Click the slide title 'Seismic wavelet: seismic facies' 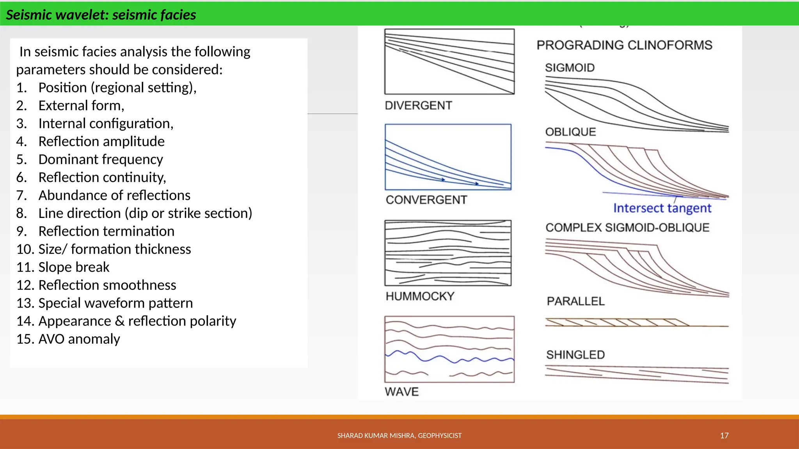pos(101,15)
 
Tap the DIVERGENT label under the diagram pos(418,105)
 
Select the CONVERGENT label pos(426,200)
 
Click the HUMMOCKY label pos(420,296)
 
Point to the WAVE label pos(401,392)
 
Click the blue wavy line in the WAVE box pos(449,357)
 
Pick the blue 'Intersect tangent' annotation pos(662,208)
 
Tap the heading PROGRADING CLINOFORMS pos(624,45)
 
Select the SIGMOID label pos(570,68)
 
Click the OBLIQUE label pos(570,132)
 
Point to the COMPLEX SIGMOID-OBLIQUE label pos(627,228)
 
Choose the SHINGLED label pos(575,355)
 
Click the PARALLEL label pos(575,301)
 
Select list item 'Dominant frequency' pos(100,159)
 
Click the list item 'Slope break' pos(74,267)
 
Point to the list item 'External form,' pos(81,106)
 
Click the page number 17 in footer pos(724,436)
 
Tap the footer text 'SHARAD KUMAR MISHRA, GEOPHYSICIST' pos(399,436)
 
